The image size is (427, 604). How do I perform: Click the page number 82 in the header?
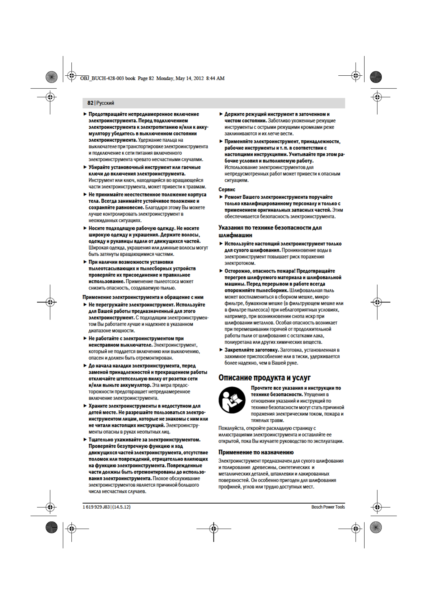click(90, 103)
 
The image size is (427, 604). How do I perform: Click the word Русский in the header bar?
click(105, 103)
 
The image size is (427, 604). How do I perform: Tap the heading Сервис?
click(227, 189)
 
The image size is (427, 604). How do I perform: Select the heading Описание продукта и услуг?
click(264, 377)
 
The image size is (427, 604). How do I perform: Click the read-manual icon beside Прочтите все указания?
click(232, 400)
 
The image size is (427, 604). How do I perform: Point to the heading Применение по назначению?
click(256, 452)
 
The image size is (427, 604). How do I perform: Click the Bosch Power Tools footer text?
click(328, 507)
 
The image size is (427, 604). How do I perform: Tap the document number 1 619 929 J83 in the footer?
click(96, 507)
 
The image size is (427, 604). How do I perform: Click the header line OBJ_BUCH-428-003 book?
click(108, 78)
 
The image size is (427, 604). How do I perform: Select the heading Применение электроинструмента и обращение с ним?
click(143, 297)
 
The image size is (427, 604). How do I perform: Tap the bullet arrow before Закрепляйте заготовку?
click(221, 350)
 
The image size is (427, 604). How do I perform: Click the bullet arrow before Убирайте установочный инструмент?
click(85, 167)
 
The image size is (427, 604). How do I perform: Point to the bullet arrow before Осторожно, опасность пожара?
click(221, 271)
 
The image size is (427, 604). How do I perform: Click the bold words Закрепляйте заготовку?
click(252, 350)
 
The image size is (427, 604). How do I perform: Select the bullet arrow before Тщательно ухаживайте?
click(85, 439)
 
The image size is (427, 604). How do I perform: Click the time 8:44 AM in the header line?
click(215, 78)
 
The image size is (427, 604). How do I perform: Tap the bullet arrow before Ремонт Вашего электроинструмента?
click(221, 197)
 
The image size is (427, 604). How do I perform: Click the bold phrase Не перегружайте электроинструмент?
click(131, 305)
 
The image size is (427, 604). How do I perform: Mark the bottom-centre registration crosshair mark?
click(213, 528)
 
